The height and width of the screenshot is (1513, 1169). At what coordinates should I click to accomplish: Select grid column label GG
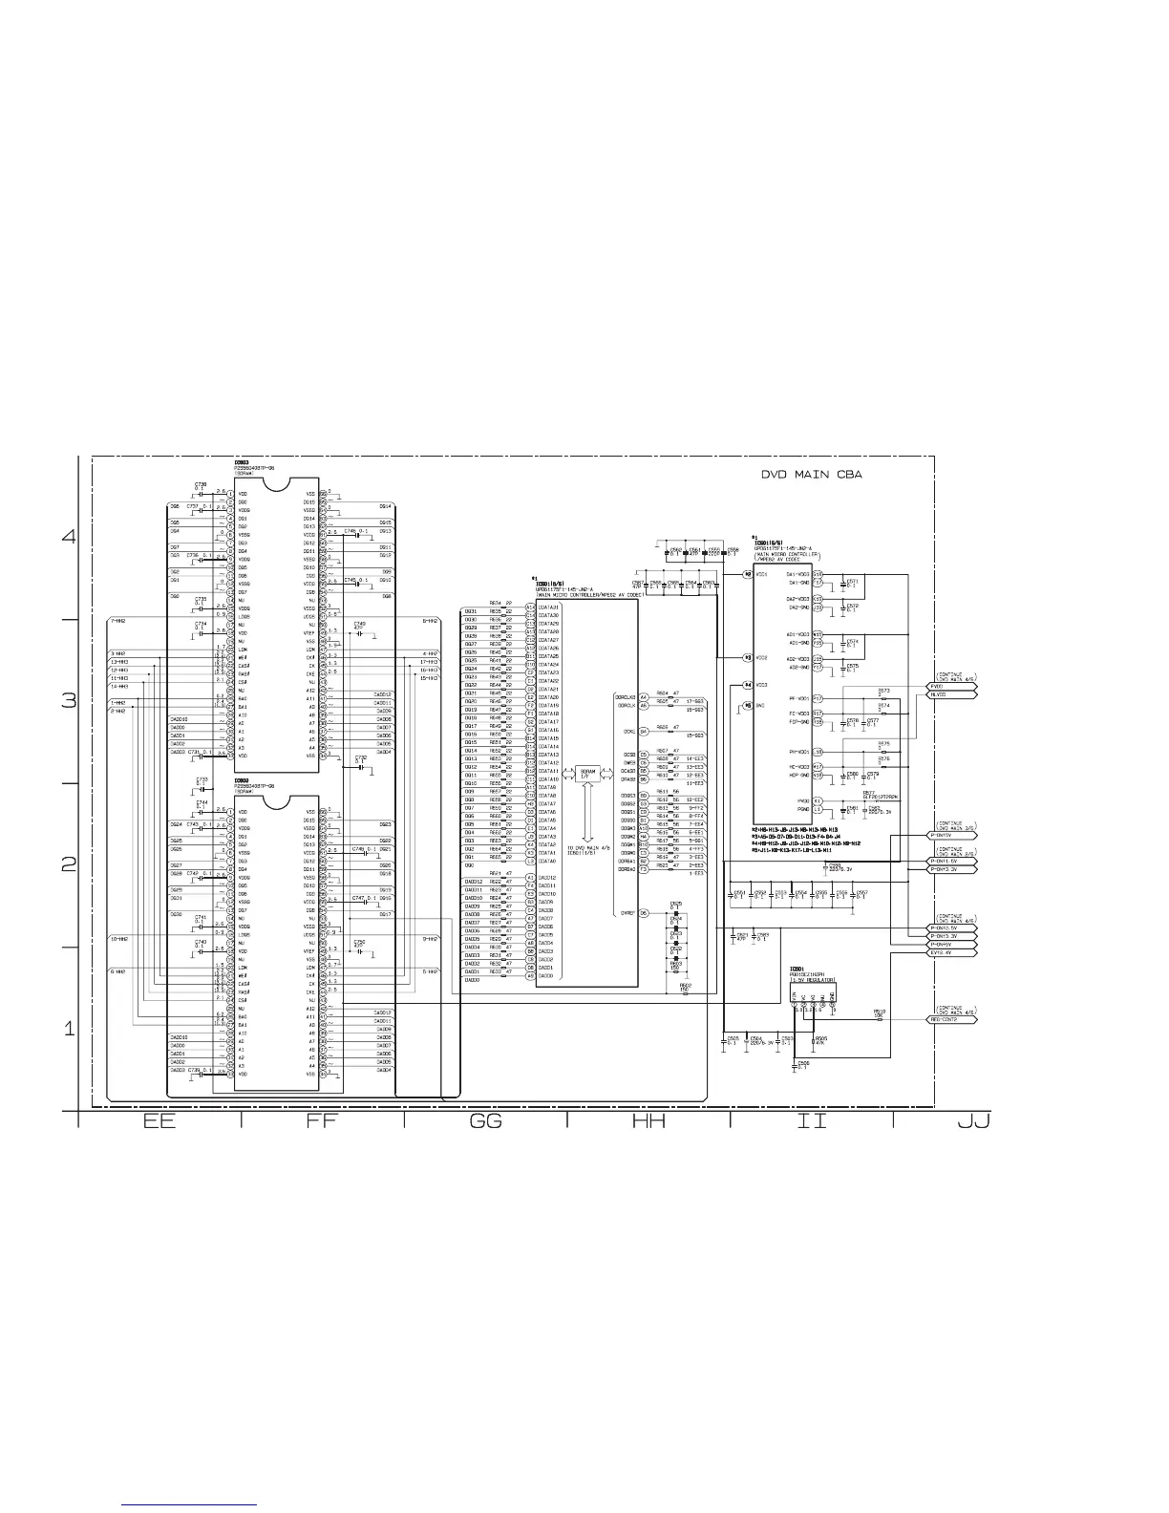point(486,1122)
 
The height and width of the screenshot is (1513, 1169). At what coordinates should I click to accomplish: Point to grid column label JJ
point(973,1122)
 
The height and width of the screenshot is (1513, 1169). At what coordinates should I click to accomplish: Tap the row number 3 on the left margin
point(68,700)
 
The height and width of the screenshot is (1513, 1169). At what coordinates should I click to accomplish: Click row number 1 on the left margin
point(68,1030)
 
